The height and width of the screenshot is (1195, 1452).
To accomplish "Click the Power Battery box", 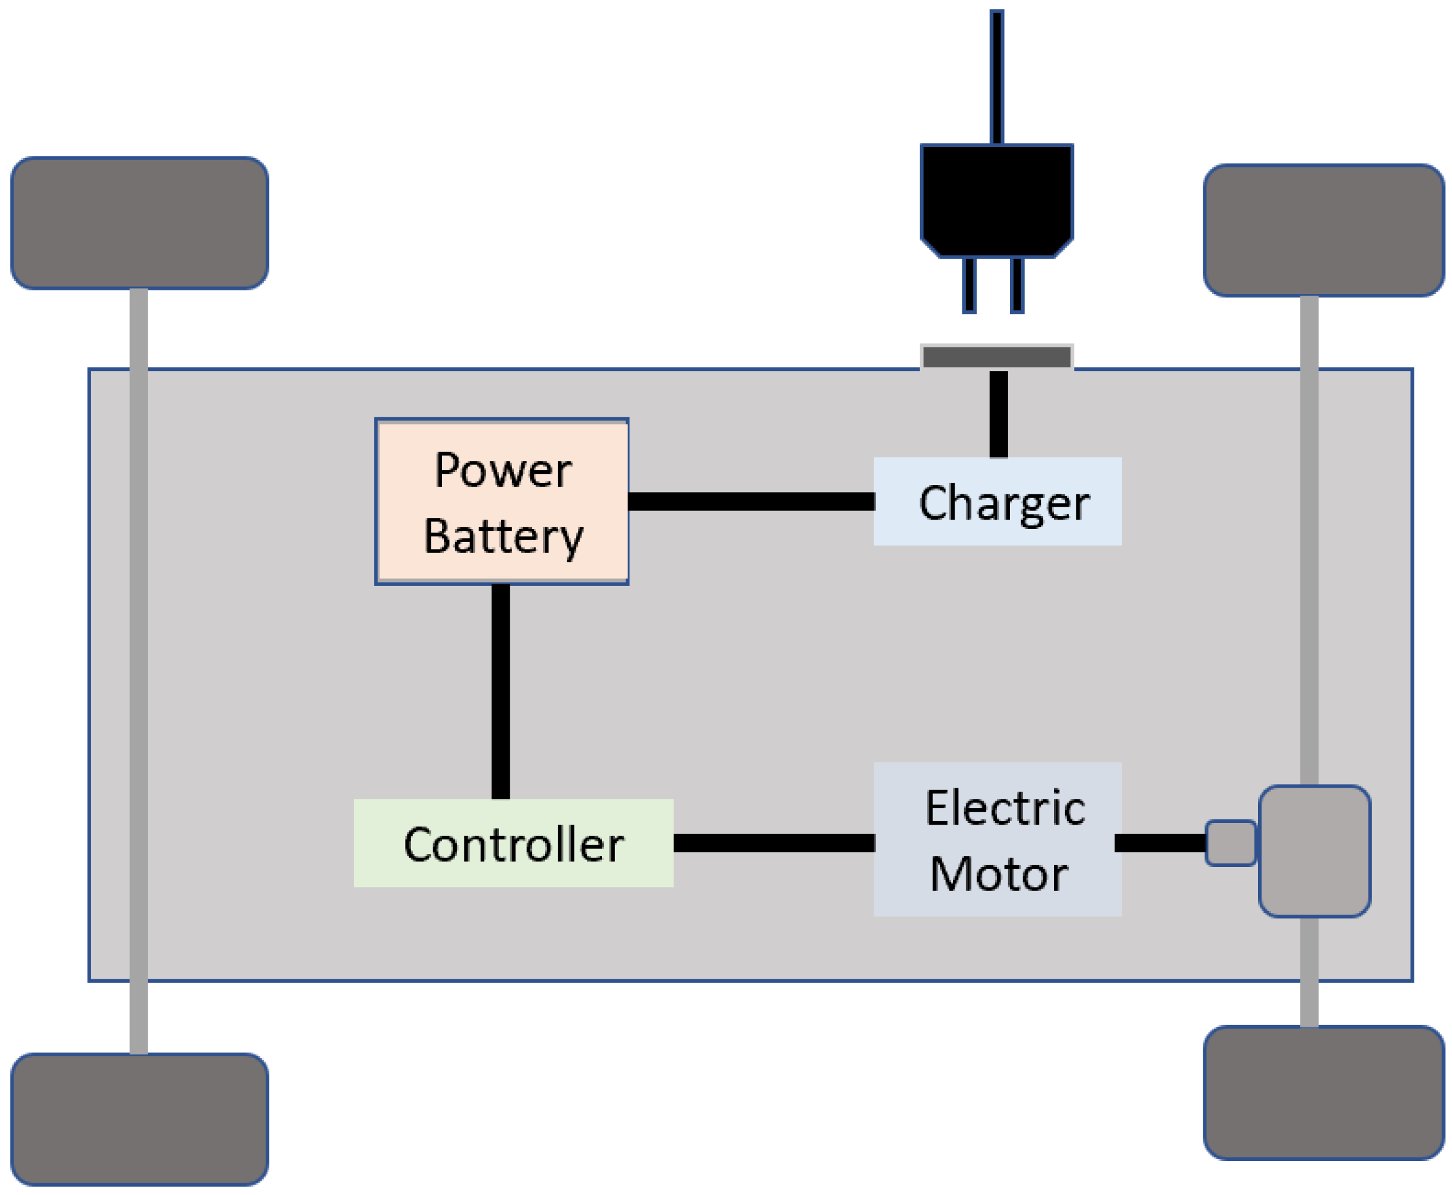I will click(501, 501).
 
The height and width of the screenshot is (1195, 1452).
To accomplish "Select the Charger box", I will click(997, 501).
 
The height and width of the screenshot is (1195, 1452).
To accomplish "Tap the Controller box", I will click(513, 843).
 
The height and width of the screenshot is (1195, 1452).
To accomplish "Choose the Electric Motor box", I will click(997, 840).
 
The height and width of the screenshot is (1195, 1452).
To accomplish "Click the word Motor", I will click(998, 874).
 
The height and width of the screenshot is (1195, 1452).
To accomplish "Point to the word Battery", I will click(503, 537).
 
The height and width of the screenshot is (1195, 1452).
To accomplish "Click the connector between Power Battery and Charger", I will click(751, 501).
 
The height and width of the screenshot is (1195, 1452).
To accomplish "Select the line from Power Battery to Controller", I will click(500, 692).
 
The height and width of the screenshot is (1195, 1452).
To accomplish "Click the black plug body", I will click(996, 200).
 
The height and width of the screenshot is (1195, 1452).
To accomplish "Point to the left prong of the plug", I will click(969, 285).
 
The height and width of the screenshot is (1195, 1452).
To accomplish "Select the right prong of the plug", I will click(1017, 285).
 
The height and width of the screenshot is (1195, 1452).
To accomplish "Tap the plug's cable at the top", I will click(996, 76).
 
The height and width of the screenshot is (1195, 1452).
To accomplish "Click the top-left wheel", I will click(139, 222).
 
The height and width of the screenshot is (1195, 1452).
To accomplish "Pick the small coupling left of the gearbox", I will click(1230, 843).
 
